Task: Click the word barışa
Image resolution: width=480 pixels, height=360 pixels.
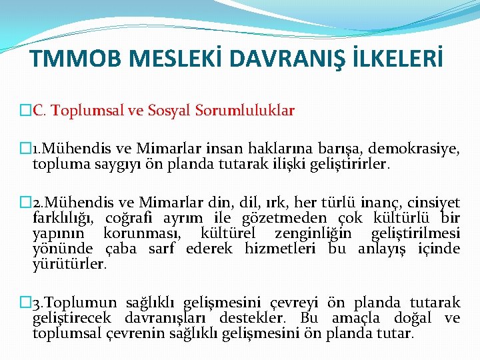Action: pos(340,149)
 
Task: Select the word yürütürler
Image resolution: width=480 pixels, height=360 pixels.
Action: pos(69,264)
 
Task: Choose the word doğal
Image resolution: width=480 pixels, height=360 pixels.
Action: pos(415,318)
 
